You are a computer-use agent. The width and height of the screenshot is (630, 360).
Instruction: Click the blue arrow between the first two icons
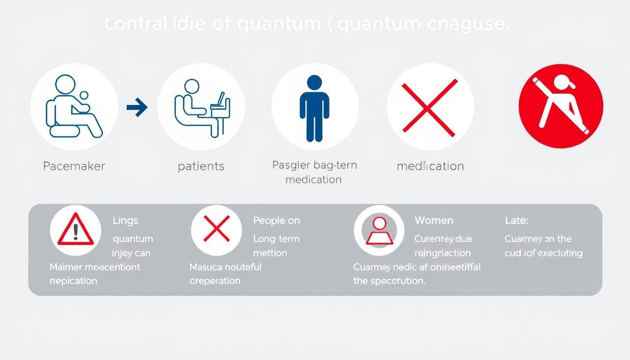(137, 108)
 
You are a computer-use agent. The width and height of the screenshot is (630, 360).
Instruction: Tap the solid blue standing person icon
(314, 108)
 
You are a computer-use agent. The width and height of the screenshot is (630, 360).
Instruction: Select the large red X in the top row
(430, 108)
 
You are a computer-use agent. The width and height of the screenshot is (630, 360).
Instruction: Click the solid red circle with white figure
(561, 106)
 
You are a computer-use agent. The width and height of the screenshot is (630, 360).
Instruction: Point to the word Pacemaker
(74, 166)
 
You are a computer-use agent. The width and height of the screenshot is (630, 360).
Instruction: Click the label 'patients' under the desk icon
(201, 166)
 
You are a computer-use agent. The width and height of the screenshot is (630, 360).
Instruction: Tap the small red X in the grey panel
(216, 229)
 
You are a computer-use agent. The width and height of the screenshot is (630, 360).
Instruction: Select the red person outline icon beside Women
(379, 231)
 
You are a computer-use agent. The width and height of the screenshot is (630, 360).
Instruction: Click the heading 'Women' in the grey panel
(434, 220)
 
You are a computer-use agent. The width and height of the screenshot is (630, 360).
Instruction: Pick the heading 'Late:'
(517, 220)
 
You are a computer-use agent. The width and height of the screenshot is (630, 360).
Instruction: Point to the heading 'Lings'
(126, 220)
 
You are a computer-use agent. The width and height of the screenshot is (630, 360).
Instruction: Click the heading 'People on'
(277, 220)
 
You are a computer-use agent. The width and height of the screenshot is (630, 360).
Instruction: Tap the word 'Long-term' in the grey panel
(277, 239)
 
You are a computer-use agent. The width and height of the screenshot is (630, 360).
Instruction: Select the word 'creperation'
(215, 281)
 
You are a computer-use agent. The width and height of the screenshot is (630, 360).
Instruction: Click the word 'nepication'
(73, 281)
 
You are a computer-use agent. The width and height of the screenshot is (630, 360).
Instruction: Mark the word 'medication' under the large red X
(430, 166)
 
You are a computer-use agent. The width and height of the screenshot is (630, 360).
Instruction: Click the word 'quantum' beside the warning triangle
(133, 239)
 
